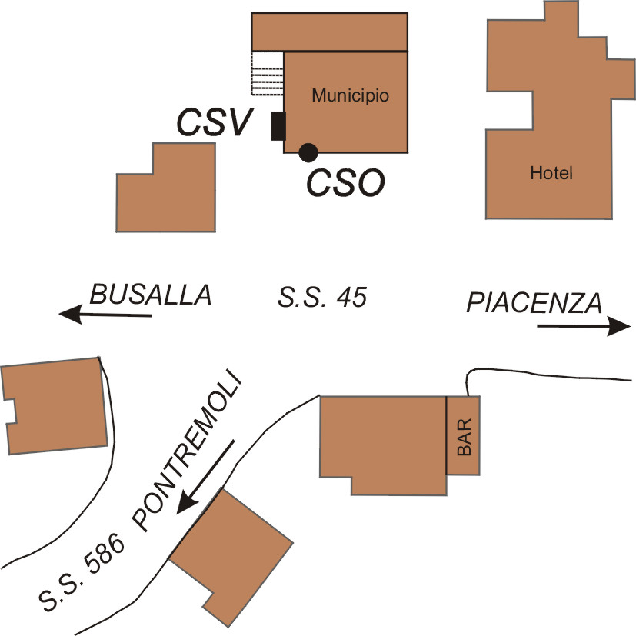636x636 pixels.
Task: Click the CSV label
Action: pyautogui.click(x=212, y=123)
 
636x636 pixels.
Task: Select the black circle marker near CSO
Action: pyautogui.click(x=308, y=152)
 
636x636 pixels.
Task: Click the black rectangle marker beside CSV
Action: pyautogui.click(x=278, y=126)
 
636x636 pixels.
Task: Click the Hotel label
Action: pyautogui.click(x=551, y=173)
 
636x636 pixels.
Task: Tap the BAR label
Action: pyautogui.click(x=464, y=437)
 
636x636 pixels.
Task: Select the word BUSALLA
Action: pyautogui.click(x=150, y=295)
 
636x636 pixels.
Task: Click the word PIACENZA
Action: pyautogui.click(x=534, y=304)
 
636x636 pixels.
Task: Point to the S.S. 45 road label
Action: pyautogui.click(x=322, y=297)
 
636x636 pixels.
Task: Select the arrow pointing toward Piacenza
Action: pyautogui.click(x=584, y=327)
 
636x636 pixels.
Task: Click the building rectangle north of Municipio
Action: pyautogui.click(x=330, y=32)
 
